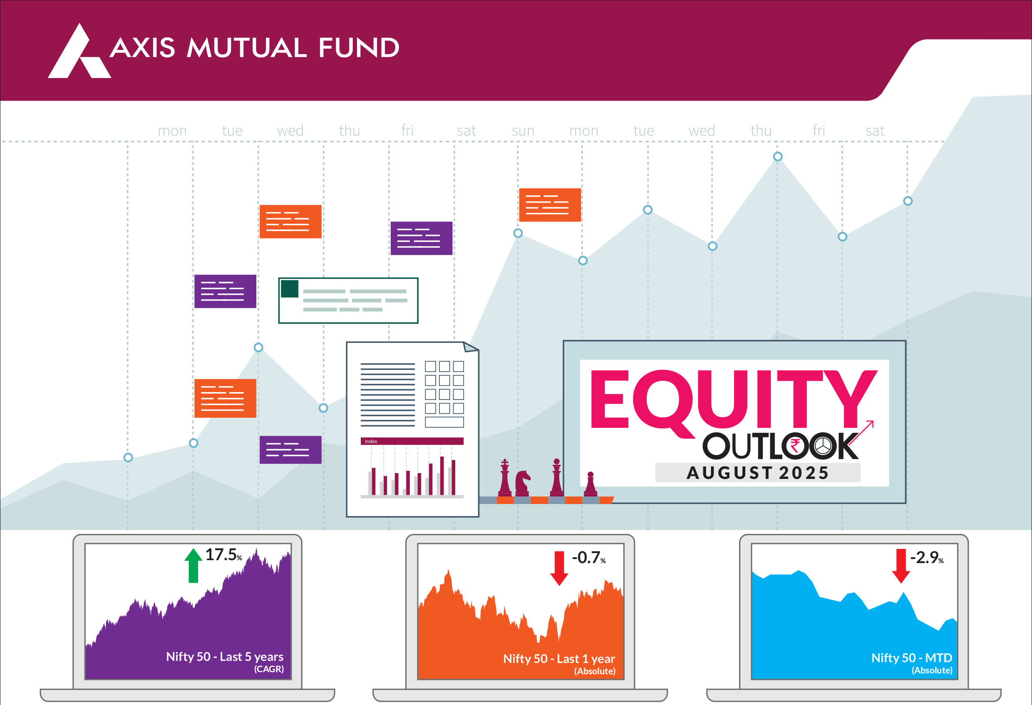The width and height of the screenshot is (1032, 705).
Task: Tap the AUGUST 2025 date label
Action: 758,473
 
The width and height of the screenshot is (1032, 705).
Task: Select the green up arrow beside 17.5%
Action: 193,565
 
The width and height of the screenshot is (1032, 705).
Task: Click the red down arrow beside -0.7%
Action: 559,568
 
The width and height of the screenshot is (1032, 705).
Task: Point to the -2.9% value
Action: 927,558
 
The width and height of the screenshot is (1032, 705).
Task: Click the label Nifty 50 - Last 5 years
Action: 225,657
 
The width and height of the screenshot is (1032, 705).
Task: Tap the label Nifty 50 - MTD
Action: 912,658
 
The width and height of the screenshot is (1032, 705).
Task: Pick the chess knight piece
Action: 523,483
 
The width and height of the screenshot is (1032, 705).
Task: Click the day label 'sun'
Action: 523,131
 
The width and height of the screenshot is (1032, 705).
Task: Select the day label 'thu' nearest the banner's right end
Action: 761,131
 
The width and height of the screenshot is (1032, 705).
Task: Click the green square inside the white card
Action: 290,289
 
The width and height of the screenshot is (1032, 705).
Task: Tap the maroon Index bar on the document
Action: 412,441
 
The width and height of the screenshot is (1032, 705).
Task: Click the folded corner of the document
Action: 470,347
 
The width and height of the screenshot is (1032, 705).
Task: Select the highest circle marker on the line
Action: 778,156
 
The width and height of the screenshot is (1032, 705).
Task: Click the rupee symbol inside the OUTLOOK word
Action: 795,446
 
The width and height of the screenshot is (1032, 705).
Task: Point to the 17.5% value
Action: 224,555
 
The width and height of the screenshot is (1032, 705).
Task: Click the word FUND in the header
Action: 359,47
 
